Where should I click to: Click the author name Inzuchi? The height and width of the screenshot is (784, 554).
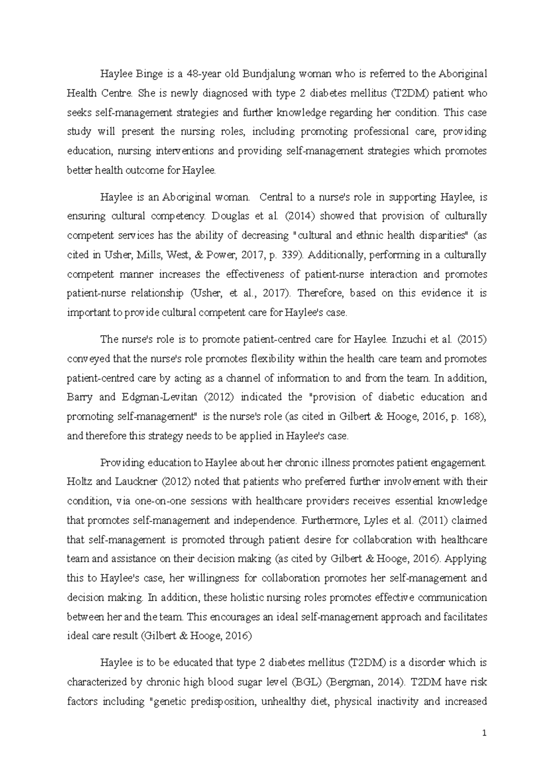[x=408, y=340]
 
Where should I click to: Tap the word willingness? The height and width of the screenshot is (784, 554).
[x=210, y=578]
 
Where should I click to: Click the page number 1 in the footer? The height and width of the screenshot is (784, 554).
[x=484, y=733]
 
